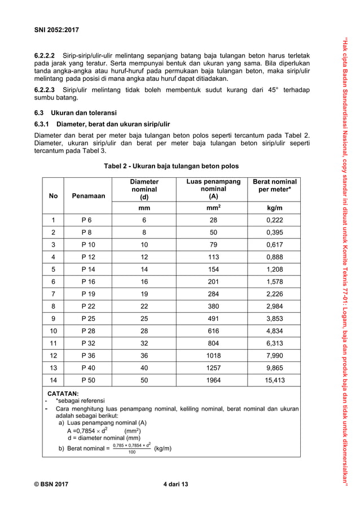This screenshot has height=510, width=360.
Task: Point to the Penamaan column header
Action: click(x=88, y=196)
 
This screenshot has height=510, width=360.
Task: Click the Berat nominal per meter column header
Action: click(x=275, y=186)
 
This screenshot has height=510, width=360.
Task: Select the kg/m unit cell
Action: click(x=275, y=208)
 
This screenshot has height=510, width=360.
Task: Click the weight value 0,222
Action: click(x=275, y=220)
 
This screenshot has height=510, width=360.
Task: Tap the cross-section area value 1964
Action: click(x=213, y=380)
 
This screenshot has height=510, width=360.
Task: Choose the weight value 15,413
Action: click(x=275, y=380)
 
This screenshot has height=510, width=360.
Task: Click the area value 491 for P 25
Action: click(x=213, y=319)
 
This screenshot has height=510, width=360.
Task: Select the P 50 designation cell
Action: click(x=88, y=380)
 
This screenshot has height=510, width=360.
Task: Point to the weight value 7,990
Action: click(x=275, y=355)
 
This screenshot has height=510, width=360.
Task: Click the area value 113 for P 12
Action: click(x=213, y=257)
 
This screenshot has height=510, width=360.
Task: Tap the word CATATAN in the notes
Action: click(x=63, y=393)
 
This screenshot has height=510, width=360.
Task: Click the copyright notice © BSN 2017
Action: click(x=53, y=482)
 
